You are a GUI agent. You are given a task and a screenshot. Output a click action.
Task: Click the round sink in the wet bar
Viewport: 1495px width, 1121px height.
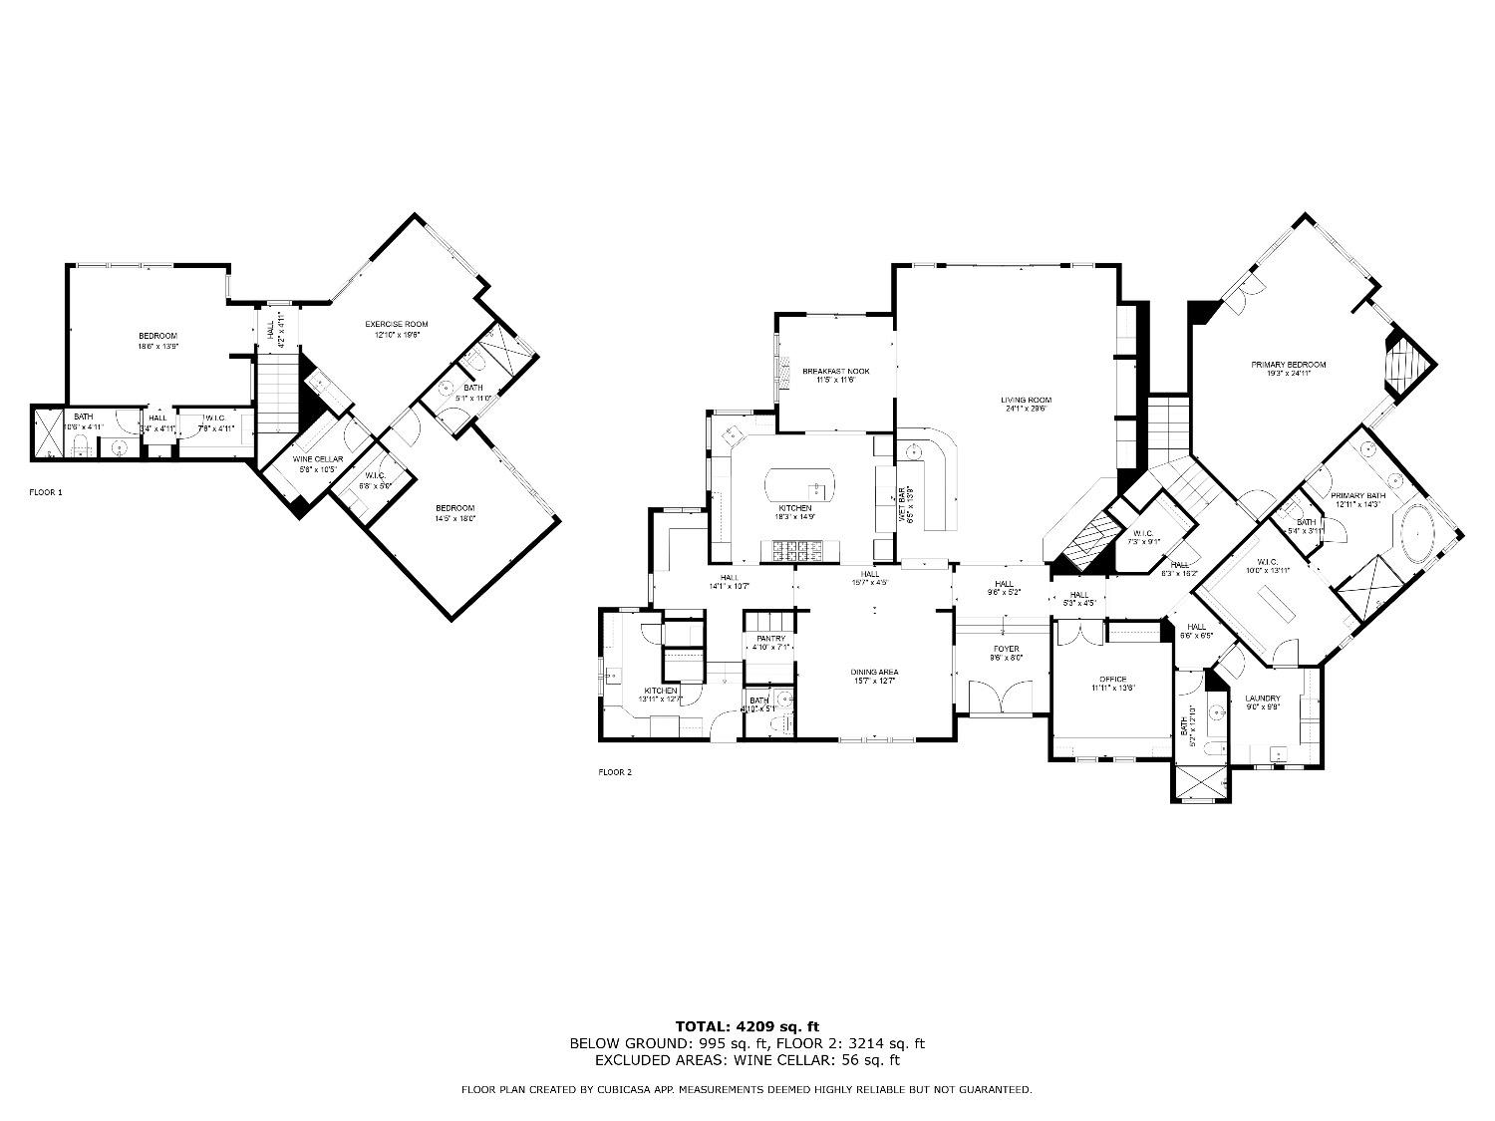(911, 451)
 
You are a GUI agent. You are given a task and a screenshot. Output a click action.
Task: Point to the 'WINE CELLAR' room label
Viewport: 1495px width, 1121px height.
(318, 459)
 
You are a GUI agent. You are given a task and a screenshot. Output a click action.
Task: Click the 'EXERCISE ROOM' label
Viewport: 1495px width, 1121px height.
(396, 324)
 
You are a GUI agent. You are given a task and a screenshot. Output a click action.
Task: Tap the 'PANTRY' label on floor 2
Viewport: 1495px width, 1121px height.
(770, 639)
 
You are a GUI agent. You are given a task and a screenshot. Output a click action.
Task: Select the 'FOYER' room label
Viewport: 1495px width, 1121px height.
(1004, 649)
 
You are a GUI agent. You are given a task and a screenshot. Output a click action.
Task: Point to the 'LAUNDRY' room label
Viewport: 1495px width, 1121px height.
(1263, 698)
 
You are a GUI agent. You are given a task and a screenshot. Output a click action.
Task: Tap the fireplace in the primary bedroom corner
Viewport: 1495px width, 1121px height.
(1407, 365)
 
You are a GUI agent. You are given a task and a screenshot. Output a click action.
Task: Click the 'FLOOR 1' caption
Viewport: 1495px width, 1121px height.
(46, 492)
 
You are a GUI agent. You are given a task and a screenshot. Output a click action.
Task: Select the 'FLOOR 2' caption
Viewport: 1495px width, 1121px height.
(615, 772)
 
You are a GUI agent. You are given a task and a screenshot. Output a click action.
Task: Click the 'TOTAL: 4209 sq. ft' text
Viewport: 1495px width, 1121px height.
(747, 1025)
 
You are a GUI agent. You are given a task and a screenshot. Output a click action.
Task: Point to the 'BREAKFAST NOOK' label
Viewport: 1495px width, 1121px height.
(836, 372)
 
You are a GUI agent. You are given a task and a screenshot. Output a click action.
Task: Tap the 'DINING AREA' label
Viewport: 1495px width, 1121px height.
(874, 671)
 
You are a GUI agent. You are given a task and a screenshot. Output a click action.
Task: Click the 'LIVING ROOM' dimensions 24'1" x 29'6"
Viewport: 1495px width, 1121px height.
(1026, 410)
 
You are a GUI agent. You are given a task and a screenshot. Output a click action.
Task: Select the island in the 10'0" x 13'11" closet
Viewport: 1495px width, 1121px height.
(1279, 604)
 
